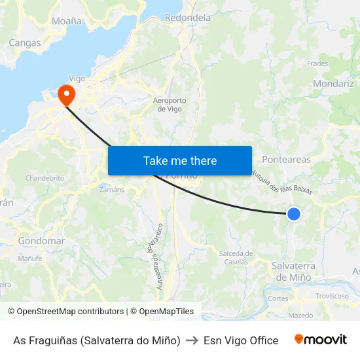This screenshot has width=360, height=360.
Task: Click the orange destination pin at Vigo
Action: point(66,96)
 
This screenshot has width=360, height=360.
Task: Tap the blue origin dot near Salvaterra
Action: point(294,213)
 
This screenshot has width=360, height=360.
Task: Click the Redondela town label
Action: point(188,18)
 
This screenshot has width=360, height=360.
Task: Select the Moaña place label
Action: point(67,21)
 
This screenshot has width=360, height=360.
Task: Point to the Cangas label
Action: point(25,43)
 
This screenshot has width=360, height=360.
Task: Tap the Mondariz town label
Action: point(333,84)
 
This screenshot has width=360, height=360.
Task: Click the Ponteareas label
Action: point(286,159)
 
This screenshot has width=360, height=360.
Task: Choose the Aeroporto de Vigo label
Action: point(170,105)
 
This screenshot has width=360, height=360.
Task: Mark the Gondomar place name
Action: point(41,241)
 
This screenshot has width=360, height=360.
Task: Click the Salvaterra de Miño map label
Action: point(293,271)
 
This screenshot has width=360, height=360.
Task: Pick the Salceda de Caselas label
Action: point(236,257)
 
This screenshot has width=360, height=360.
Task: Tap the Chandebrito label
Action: point(45,178)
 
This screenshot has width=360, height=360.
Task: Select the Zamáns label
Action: point(112,189)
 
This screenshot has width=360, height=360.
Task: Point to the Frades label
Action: point(317,64)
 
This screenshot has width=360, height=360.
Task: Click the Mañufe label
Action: point(30,259)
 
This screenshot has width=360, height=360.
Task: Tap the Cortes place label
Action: point(278,298)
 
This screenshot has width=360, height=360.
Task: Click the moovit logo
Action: point(320,340)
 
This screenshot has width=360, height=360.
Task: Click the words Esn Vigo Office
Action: point(241,340)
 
